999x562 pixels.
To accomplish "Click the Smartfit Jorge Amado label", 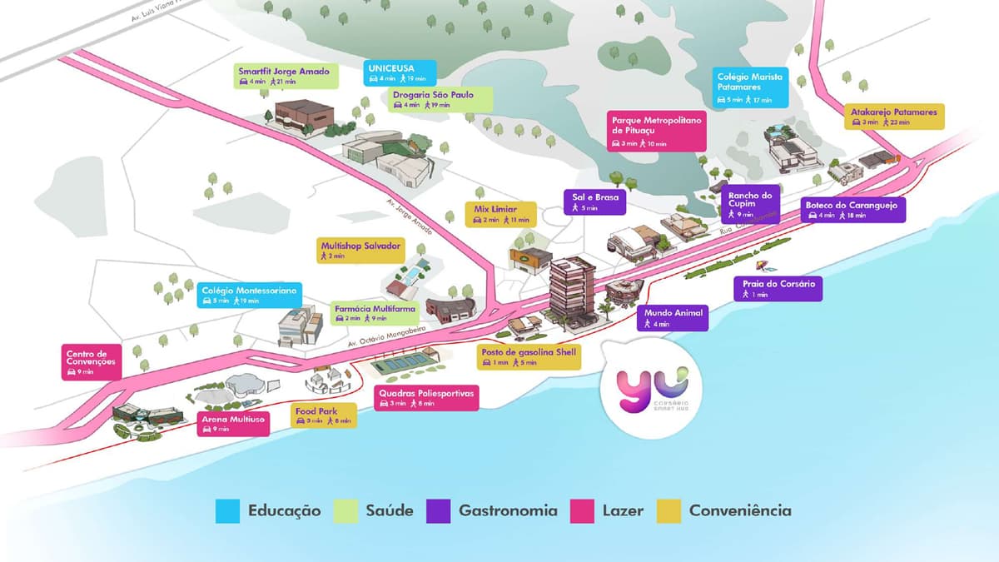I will pyautogui.click(x=284, y=76).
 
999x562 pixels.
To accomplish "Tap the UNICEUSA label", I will pyautogui.click(x=400, y=72).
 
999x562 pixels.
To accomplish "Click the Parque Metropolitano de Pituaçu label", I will pyautogui.click(x=658, y=131).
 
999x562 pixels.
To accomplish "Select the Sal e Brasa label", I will pyautogui.click(x=594, y=202).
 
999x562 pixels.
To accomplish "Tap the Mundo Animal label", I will pyautogui.click(x=673, y=318).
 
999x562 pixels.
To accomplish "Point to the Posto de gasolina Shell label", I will pyautogui.click(x=528, y=356).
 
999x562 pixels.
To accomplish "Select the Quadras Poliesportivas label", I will pyautogui.click(x=425, y=397).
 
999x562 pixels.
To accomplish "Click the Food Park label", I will pyautogui.click(x=324, y=415).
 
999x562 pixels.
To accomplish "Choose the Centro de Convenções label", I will pyautogui.click(x=92, y=362).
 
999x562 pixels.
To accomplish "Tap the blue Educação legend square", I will pyautogui.click(x=227, y=510).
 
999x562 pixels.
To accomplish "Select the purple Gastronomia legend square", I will pyautogui.click(x=437, y=510).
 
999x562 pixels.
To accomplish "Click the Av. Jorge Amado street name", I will pyautogui.click(x=407, y=216).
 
